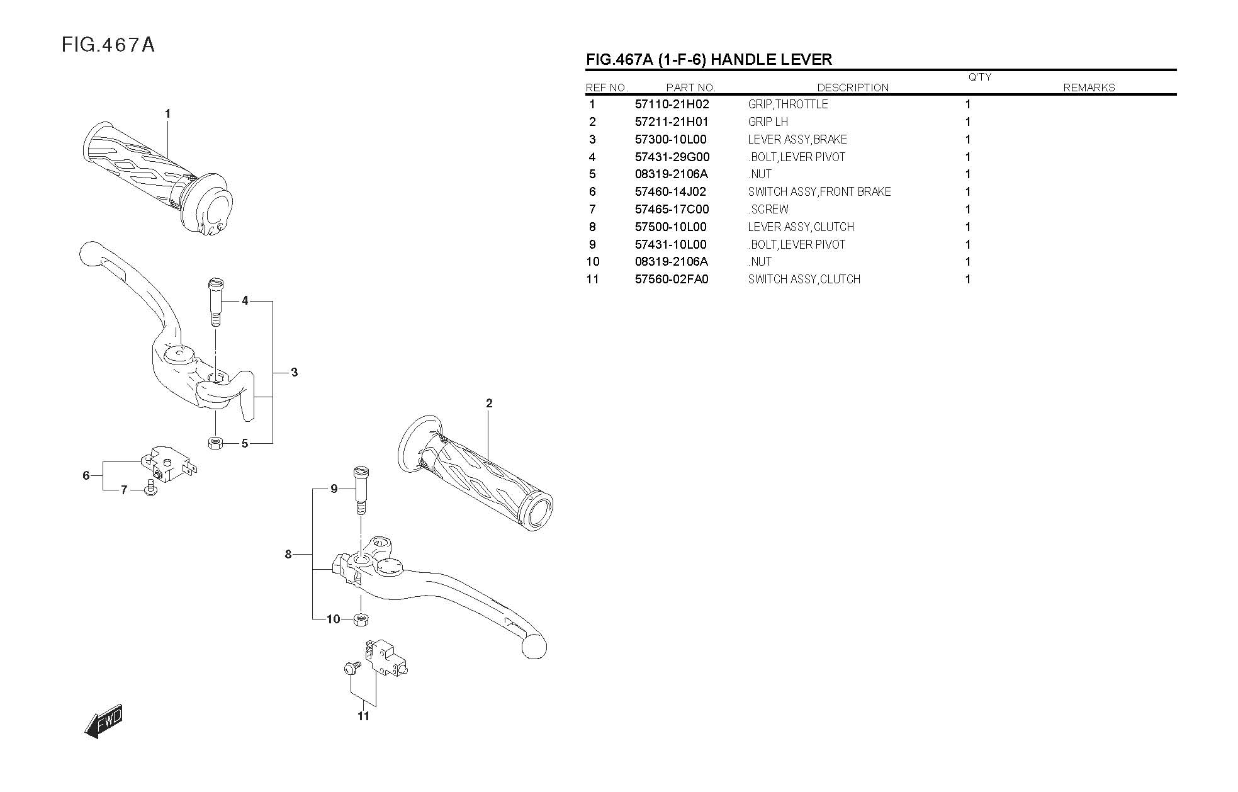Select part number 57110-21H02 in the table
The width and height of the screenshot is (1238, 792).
[x=672, y=105]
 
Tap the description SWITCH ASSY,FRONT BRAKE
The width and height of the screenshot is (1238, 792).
[x=819, y=192]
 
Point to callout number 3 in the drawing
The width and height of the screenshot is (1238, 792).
[x=294, y=373]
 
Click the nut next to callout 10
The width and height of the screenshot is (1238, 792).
[x=361, y=619]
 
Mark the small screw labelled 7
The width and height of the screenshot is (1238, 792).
[x=150, y=489]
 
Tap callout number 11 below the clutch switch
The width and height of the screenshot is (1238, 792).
[x=363, y=716]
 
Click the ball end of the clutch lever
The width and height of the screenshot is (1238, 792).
[x=534, y=647]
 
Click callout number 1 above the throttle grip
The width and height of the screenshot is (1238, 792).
[x=167, y=114]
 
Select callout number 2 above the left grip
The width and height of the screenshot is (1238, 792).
[x=489, y=404]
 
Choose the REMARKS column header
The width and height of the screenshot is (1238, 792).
[x=1088, y=88]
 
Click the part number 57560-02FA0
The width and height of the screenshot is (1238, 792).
[x=671, y=280]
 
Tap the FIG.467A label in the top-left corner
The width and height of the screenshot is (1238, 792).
[x=108, y=45]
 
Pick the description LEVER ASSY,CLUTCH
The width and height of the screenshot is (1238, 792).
[x=801, y=227]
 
